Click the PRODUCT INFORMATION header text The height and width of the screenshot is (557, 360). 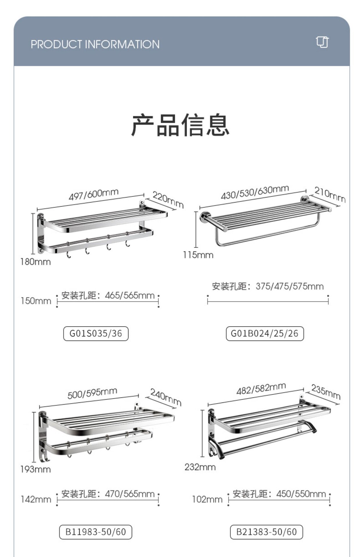coord(95,44)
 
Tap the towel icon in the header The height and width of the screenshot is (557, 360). coord(322,42)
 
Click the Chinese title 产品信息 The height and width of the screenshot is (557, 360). coord(180,125)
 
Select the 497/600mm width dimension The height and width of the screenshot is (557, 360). coord(93,194)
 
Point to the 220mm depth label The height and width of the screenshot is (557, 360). coord(168,199)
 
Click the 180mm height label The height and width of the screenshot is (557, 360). coord(35,262)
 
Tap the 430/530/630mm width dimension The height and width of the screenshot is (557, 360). coord(255,192)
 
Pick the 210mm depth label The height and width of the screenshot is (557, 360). coord(330,194)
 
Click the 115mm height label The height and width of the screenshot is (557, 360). coord(198,255)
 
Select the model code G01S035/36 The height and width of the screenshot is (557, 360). coord(96,333)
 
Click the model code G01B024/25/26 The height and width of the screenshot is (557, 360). coord(264,333)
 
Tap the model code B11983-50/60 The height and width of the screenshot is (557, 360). coord(96,532)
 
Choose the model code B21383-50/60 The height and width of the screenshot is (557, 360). coord(266,532)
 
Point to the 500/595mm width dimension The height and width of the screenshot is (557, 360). coord(92,393)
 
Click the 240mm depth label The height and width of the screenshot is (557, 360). coord(166,397)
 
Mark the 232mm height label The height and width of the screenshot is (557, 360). coord(200,467)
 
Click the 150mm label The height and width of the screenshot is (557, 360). coord(36,301)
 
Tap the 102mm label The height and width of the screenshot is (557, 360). coord(207,499)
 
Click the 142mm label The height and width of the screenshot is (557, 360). coord(36,499)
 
